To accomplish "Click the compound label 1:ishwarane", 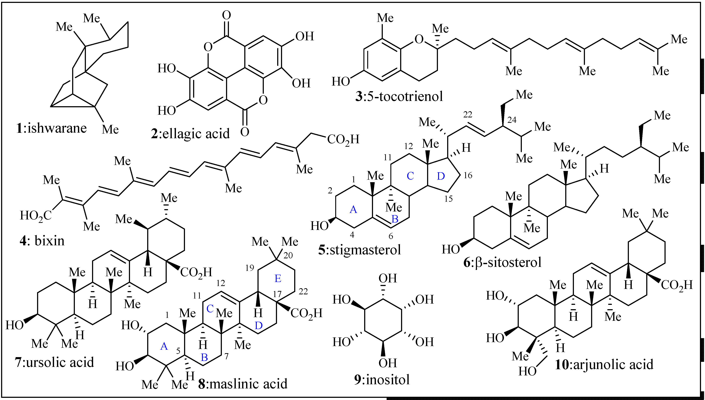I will (51, 128).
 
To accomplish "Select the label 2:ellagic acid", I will (190, 134).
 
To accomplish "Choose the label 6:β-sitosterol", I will (502, 262).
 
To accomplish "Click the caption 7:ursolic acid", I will (54, 362).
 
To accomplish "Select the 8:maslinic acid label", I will (243, 384).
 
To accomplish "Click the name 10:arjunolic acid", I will (604, 365).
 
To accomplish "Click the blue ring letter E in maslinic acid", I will (278, 279).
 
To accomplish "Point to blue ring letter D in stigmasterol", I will (441, 176).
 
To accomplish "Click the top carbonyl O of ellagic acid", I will (227, 15).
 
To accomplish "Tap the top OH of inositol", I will (388, 278).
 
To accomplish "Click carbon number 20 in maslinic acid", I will (288, 255).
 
